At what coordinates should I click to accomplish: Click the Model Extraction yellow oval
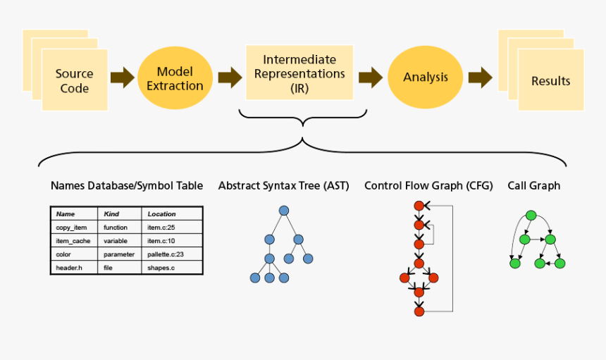click(x=180, y=78)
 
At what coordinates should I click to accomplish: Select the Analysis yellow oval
click(x=425, y=77)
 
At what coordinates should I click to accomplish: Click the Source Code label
click(x=74, y=81)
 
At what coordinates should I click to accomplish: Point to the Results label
click(x=550, y=81)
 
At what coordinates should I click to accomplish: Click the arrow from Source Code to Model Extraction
click(x=123, y=77)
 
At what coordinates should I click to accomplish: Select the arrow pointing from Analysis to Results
click(x=481, y=77)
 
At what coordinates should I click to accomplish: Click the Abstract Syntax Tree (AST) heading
click(x=284, y=186)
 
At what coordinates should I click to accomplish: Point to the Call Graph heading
click(x=533, y=186)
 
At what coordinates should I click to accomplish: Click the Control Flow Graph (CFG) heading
click(x=428, y=186)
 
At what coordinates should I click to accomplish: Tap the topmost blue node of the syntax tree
click(x=284, y=211)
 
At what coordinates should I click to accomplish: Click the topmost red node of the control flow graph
click(x=419, y=206)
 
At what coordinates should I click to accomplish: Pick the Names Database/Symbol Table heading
click(x=127, y=186)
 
